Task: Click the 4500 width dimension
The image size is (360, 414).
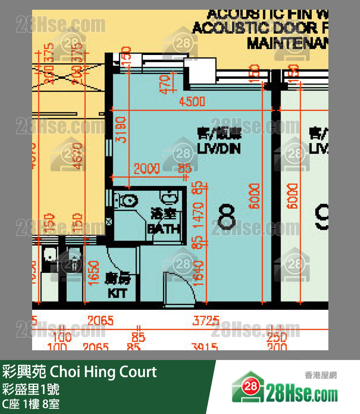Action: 192,102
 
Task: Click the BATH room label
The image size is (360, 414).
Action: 164,223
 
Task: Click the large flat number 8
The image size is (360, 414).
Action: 227,217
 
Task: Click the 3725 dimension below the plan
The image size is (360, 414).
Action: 205,321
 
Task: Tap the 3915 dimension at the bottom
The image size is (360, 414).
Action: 206,346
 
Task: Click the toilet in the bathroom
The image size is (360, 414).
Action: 128,200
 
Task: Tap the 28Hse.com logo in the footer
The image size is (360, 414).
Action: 285,388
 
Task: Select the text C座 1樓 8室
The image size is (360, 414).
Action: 31,404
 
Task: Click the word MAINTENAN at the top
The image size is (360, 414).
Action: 287,43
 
